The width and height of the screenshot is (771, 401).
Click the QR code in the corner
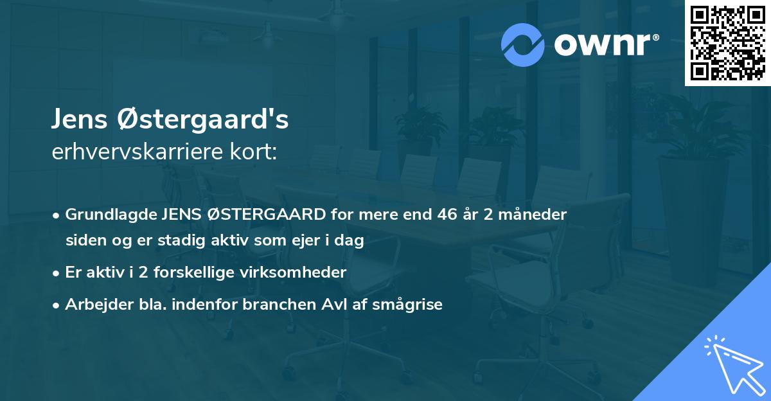click(x=727, y=43)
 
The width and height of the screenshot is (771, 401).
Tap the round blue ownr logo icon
click(x=523, y=44)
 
